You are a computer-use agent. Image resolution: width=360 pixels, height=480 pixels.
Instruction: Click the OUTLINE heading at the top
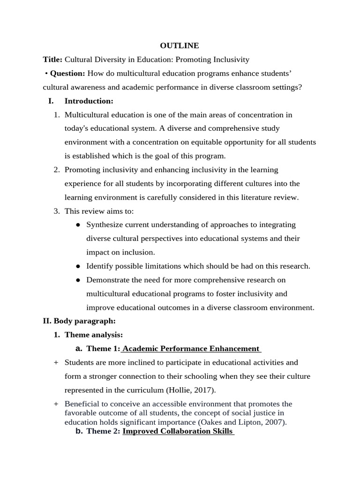pyautogui.click(x=180, y=45)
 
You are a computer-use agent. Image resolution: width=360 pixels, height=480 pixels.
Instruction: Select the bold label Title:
pyautogui.click(x=52, y=60)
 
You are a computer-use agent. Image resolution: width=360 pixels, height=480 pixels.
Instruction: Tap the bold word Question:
pyautogui.click(x=67, y=73)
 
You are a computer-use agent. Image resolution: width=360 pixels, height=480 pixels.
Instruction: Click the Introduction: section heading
pyautogui.click(x=89, y=101)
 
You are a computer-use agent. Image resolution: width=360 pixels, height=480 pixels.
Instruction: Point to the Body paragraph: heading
pyautogui.click(x=84, y=321)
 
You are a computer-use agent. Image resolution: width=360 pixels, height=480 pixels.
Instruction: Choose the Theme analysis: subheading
pyautogui.click(x=93, y=335)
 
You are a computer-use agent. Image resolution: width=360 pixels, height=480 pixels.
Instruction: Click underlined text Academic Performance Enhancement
pyautogui.click(x=191, y=348)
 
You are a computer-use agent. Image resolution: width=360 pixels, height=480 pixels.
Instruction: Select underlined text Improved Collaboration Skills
pyautogui.click(x=178, y=431)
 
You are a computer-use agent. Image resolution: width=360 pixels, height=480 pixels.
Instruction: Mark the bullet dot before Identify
pyautogui.click(x=78, y=266)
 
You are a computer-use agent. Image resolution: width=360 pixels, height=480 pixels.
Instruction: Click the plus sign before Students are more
pyautogui.click(x=56, y=362)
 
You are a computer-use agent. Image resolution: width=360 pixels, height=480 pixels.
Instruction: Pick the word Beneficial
pyautogui.click(x=82, y=404)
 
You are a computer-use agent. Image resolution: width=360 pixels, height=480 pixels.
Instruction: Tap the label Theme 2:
pyautogui.click(x=103, y=431)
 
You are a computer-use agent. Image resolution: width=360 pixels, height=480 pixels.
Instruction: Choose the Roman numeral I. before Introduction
pyautogui.click(x=51, y=101)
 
